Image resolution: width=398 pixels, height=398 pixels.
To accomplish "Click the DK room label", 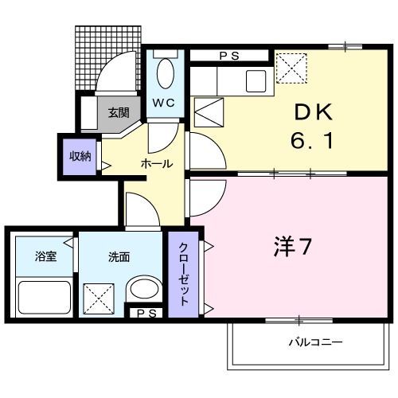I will pyautogui.click(x=307, y=115).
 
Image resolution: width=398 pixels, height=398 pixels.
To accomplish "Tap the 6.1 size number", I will pyautogui.click(x=307, y=143).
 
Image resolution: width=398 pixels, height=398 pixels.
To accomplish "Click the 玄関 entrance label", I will pyautogui.click(x=119, y=112).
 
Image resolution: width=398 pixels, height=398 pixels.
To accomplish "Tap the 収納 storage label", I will pyautogui.click(x=79, y=156).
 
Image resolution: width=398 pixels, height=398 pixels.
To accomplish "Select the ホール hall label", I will pyautogui.click(x=157, y=163).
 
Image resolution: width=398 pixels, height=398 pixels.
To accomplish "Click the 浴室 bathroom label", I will pyautogui.click(x=45, y=257).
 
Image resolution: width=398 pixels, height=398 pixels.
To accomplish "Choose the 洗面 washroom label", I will pyautogui.click(x=119, y=257).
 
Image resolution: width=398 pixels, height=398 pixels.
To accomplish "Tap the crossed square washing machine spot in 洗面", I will pyautogui.click(x=99, y=299).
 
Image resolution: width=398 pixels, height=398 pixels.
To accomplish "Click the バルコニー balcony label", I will pyautogui.click(x=316, y=343).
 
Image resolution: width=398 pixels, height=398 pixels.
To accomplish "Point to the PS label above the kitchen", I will pyautogui.click(x=231, y=56).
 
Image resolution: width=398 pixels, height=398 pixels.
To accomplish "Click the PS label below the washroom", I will pyautogui.click(x=146, y=313).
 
